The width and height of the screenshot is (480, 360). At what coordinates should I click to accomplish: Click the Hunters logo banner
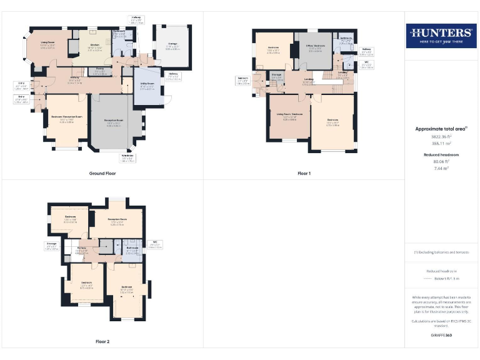[441, 35]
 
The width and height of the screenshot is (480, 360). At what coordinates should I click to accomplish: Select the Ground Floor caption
[102, 173]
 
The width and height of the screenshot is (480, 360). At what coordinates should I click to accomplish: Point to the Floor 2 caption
[102, 342]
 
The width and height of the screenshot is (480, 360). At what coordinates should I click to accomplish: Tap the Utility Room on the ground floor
[146, 88]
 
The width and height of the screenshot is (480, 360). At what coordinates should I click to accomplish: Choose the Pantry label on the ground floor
[99, 71]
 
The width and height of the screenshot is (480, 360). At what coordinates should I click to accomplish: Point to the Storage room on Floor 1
[277, 77]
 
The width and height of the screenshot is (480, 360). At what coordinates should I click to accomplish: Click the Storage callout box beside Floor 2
[51, 246]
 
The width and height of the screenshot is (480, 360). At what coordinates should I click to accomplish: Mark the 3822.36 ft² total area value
[441, 136]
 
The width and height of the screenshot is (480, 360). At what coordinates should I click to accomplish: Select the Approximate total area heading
[441, 129]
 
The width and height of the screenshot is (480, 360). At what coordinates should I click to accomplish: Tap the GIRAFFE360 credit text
[441, 336]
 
